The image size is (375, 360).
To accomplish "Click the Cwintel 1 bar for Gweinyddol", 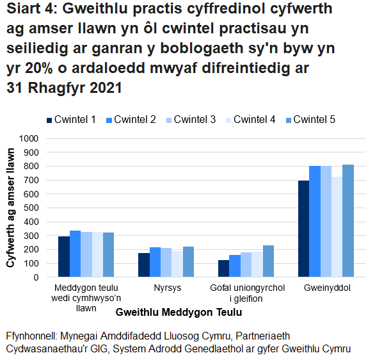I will coord(303,229).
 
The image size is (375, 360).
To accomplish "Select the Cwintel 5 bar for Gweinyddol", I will coord(348,221).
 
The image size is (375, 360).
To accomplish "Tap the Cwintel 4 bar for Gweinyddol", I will coord(337,227).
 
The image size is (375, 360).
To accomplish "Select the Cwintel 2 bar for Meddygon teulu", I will coord(76,254).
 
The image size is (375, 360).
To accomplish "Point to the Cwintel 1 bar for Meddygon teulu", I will coord(64,257).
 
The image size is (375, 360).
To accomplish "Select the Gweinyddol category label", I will coord(326,288).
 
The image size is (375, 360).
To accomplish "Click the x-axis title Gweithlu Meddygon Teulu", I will coord(179,312).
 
